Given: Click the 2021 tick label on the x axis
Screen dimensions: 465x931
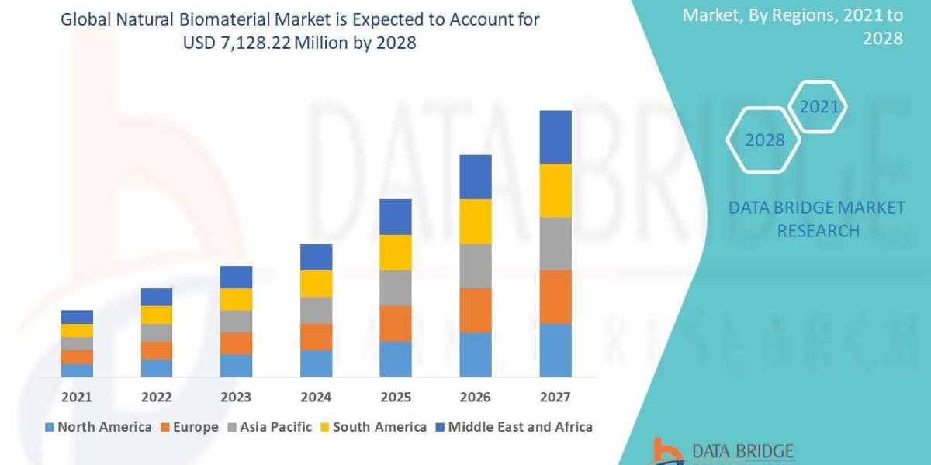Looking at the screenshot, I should (x=77, y=397).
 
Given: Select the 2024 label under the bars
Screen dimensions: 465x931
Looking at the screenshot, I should (x=316, y=397).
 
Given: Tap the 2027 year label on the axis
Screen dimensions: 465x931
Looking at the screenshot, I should (x=555, y=397).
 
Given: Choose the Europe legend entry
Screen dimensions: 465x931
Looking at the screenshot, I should (x=190, y=427).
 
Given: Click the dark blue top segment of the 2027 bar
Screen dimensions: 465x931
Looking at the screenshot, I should (x=555, y=136).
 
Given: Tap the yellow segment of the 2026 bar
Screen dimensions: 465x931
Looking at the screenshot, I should (x=476, y=222).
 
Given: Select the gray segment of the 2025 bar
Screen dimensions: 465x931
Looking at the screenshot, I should (x=396, y=288).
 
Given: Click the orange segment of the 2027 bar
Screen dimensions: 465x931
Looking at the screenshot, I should (x=555, y=297).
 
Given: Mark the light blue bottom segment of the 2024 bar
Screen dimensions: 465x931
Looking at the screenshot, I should (x=316, y=363).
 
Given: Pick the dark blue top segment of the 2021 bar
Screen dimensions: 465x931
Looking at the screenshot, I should (x=77, y=317).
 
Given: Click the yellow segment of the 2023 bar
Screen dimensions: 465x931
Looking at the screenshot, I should (x=236, y=299).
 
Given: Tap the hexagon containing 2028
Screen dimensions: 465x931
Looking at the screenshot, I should (x=763, y=140).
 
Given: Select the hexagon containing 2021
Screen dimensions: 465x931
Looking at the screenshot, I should (x=819, y=107).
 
